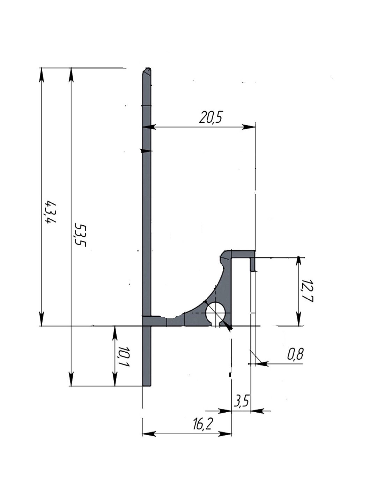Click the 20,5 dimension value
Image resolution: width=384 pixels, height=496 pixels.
210,118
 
